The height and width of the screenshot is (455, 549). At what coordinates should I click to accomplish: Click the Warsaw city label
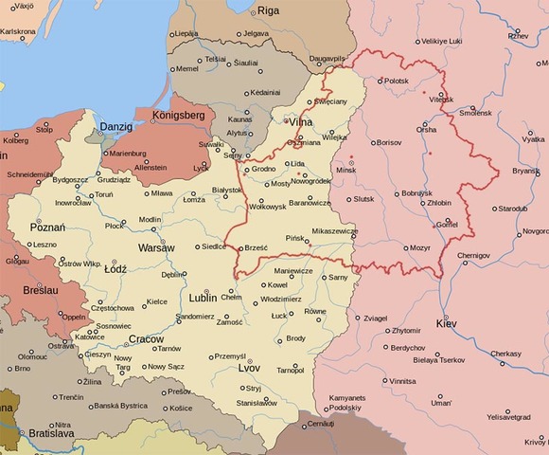[155, 247]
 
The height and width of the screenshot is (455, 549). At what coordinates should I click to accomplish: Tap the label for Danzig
[116, 126]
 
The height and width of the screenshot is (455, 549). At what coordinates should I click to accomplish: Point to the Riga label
[269, 10]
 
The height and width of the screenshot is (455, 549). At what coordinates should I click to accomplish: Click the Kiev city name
[446, 324]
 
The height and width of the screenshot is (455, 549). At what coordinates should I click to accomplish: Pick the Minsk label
[346, 170]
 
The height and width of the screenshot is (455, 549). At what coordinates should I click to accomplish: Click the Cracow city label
[146, 338]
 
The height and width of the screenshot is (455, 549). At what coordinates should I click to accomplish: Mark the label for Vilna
[301, 122]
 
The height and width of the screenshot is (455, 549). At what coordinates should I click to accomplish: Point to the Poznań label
[47, 227]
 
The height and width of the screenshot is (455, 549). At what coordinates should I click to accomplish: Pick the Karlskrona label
[20, 31]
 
